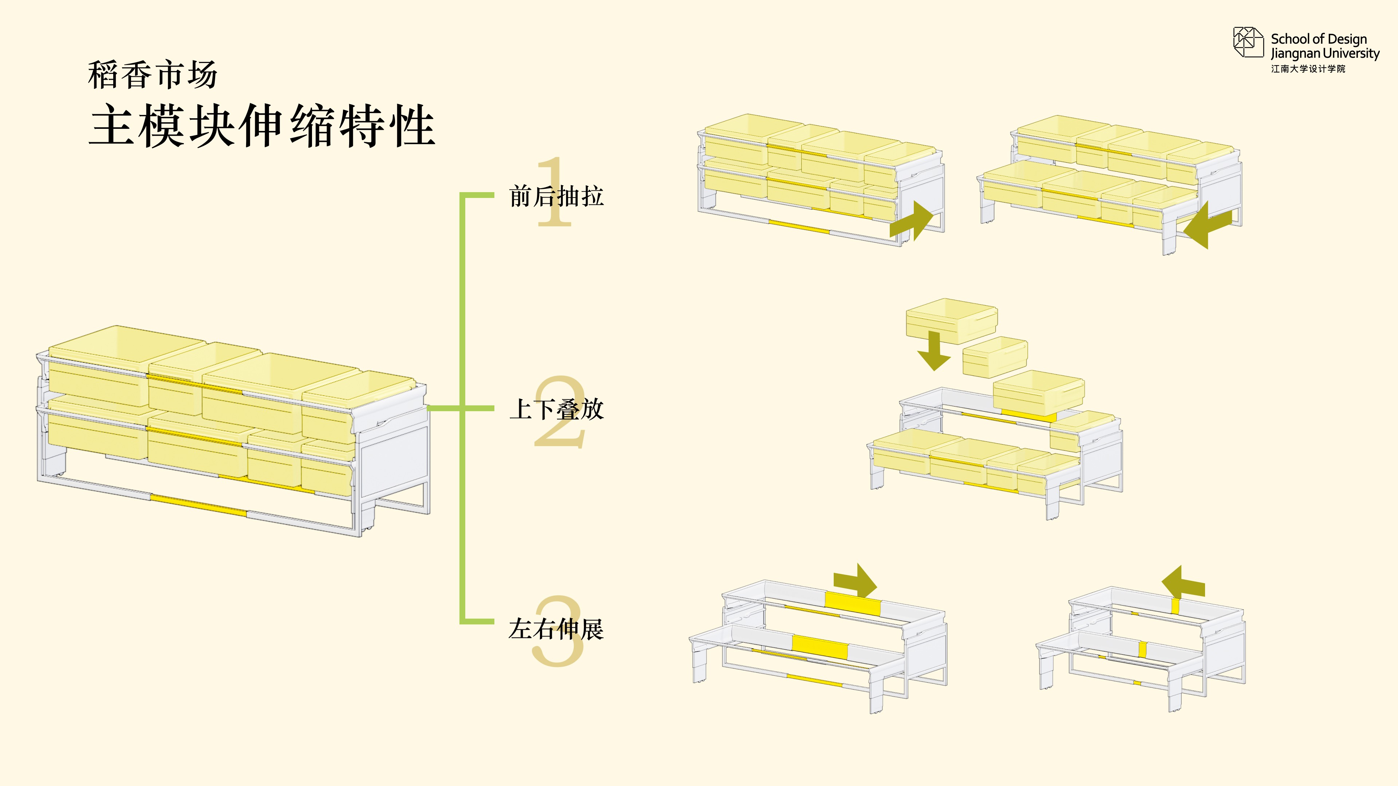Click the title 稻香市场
pyautogui.click(x=153, y=75)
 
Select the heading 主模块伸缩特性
pyautogui.click(x=262, y=126)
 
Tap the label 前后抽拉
pyautogui.click(x=556, y=196)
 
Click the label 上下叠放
pyautogui.click(x=556, y=409)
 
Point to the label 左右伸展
pyautogui.click(x=556, y=629)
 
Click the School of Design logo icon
pyautogui.click(x=1248, y=42)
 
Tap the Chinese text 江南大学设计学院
pyautogui.click(x=1308, y=69)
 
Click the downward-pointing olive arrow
pyautogui.click(x=934, y=351)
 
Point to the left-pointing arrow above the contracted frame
pyautogui.click(x=1183, y=581)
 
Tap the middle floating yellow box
pyautogui.click(x=995, y=357)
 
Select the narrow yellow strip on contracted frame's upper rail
pyautogui.click(x=1176, y=606)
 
